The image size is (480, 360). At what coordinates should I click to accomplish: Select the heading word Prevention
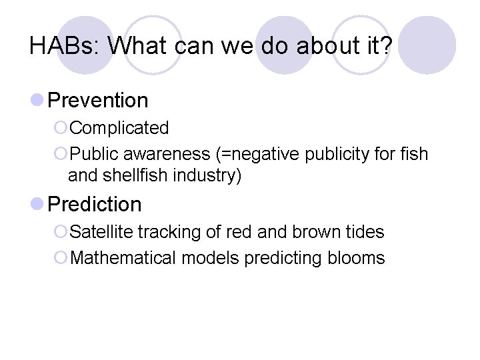point(98,101)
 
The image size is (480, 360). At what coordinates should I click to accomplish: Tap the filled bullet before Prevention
point(37,100)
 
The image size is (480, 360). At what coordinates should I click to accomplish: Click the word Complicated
point(119,127)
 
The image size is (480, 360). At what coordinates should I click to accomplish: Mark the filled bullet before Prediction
point(37,204)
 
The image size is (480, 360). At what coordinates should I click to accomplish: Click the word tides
point(366,232)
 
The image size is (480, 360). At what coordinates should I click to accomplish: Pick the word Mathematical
point(123,258)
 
